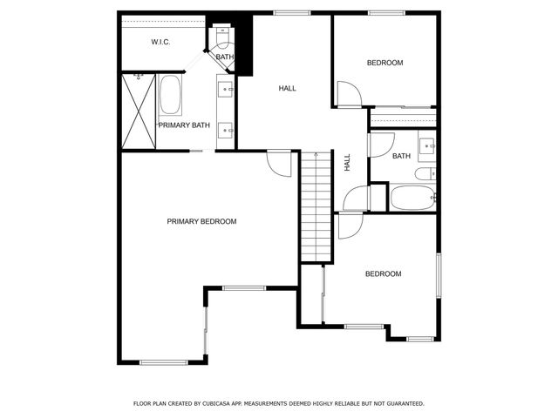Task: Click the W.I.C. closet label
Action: click(160, 42)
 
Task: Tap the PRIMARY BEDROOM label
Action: click(201, 221)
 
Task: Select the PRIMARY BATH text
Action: click(184, 125)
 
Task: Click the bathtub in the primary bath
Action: click(170, 95)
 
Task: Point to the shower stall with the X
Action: click(137, 112)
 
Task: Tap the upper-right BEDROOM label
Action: click(384, 63)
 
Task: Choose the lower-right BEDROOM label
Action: click(383, 274)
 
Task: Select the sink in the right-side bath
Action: click(427, 145)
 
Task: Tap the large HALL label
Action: click(287, 89)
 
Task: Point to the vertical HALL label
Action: click(347, 162)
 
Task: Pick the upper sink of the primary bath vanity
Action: click(227, 89)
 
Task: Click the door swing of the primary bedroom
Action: click(279, 163)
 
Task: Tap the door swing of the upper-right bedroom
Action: click(345, 94)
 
